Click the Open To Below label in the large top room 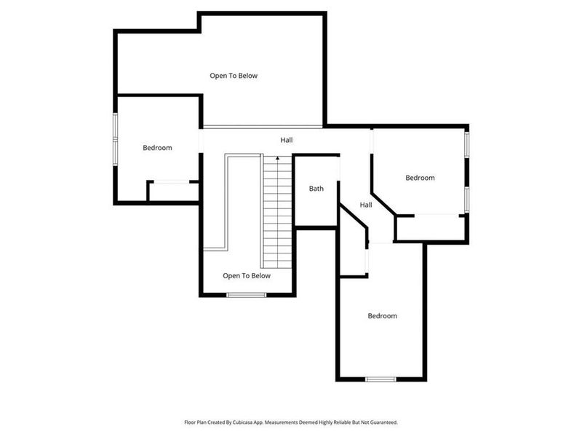pyautogui.click(x=234, y=76)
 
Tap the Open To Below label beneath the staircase pyautogui.click(x=247, y=276)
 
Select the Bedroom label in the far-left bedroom pyautogui.click(x=157, y=148)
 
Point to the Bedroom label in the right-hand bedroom pyautogui.click(x=420, y=178)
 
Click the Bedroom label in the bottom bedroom pyautogui.click(x=382, y=316)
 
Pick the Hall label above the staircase pyautogui.click(x=287, y=140)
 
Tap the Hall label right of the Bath pyautogui.click(x=366, y=205)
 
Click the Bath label pyautogui.click(x=316, y=189)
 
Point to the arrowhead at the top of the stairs pyautogui.click(x=277, y=157)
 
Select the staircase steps pyautogui.click(x=277, y=215)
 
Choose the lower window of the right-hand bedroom pyautogui.click(x=468, y=199)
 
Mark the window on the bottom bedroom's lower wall pyautogui.click(x=380, y=379)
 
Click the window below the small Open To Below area pyautogui.click(x=247, y=294)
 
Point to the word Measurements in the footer pyautogui.click(x=312, y=422)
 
